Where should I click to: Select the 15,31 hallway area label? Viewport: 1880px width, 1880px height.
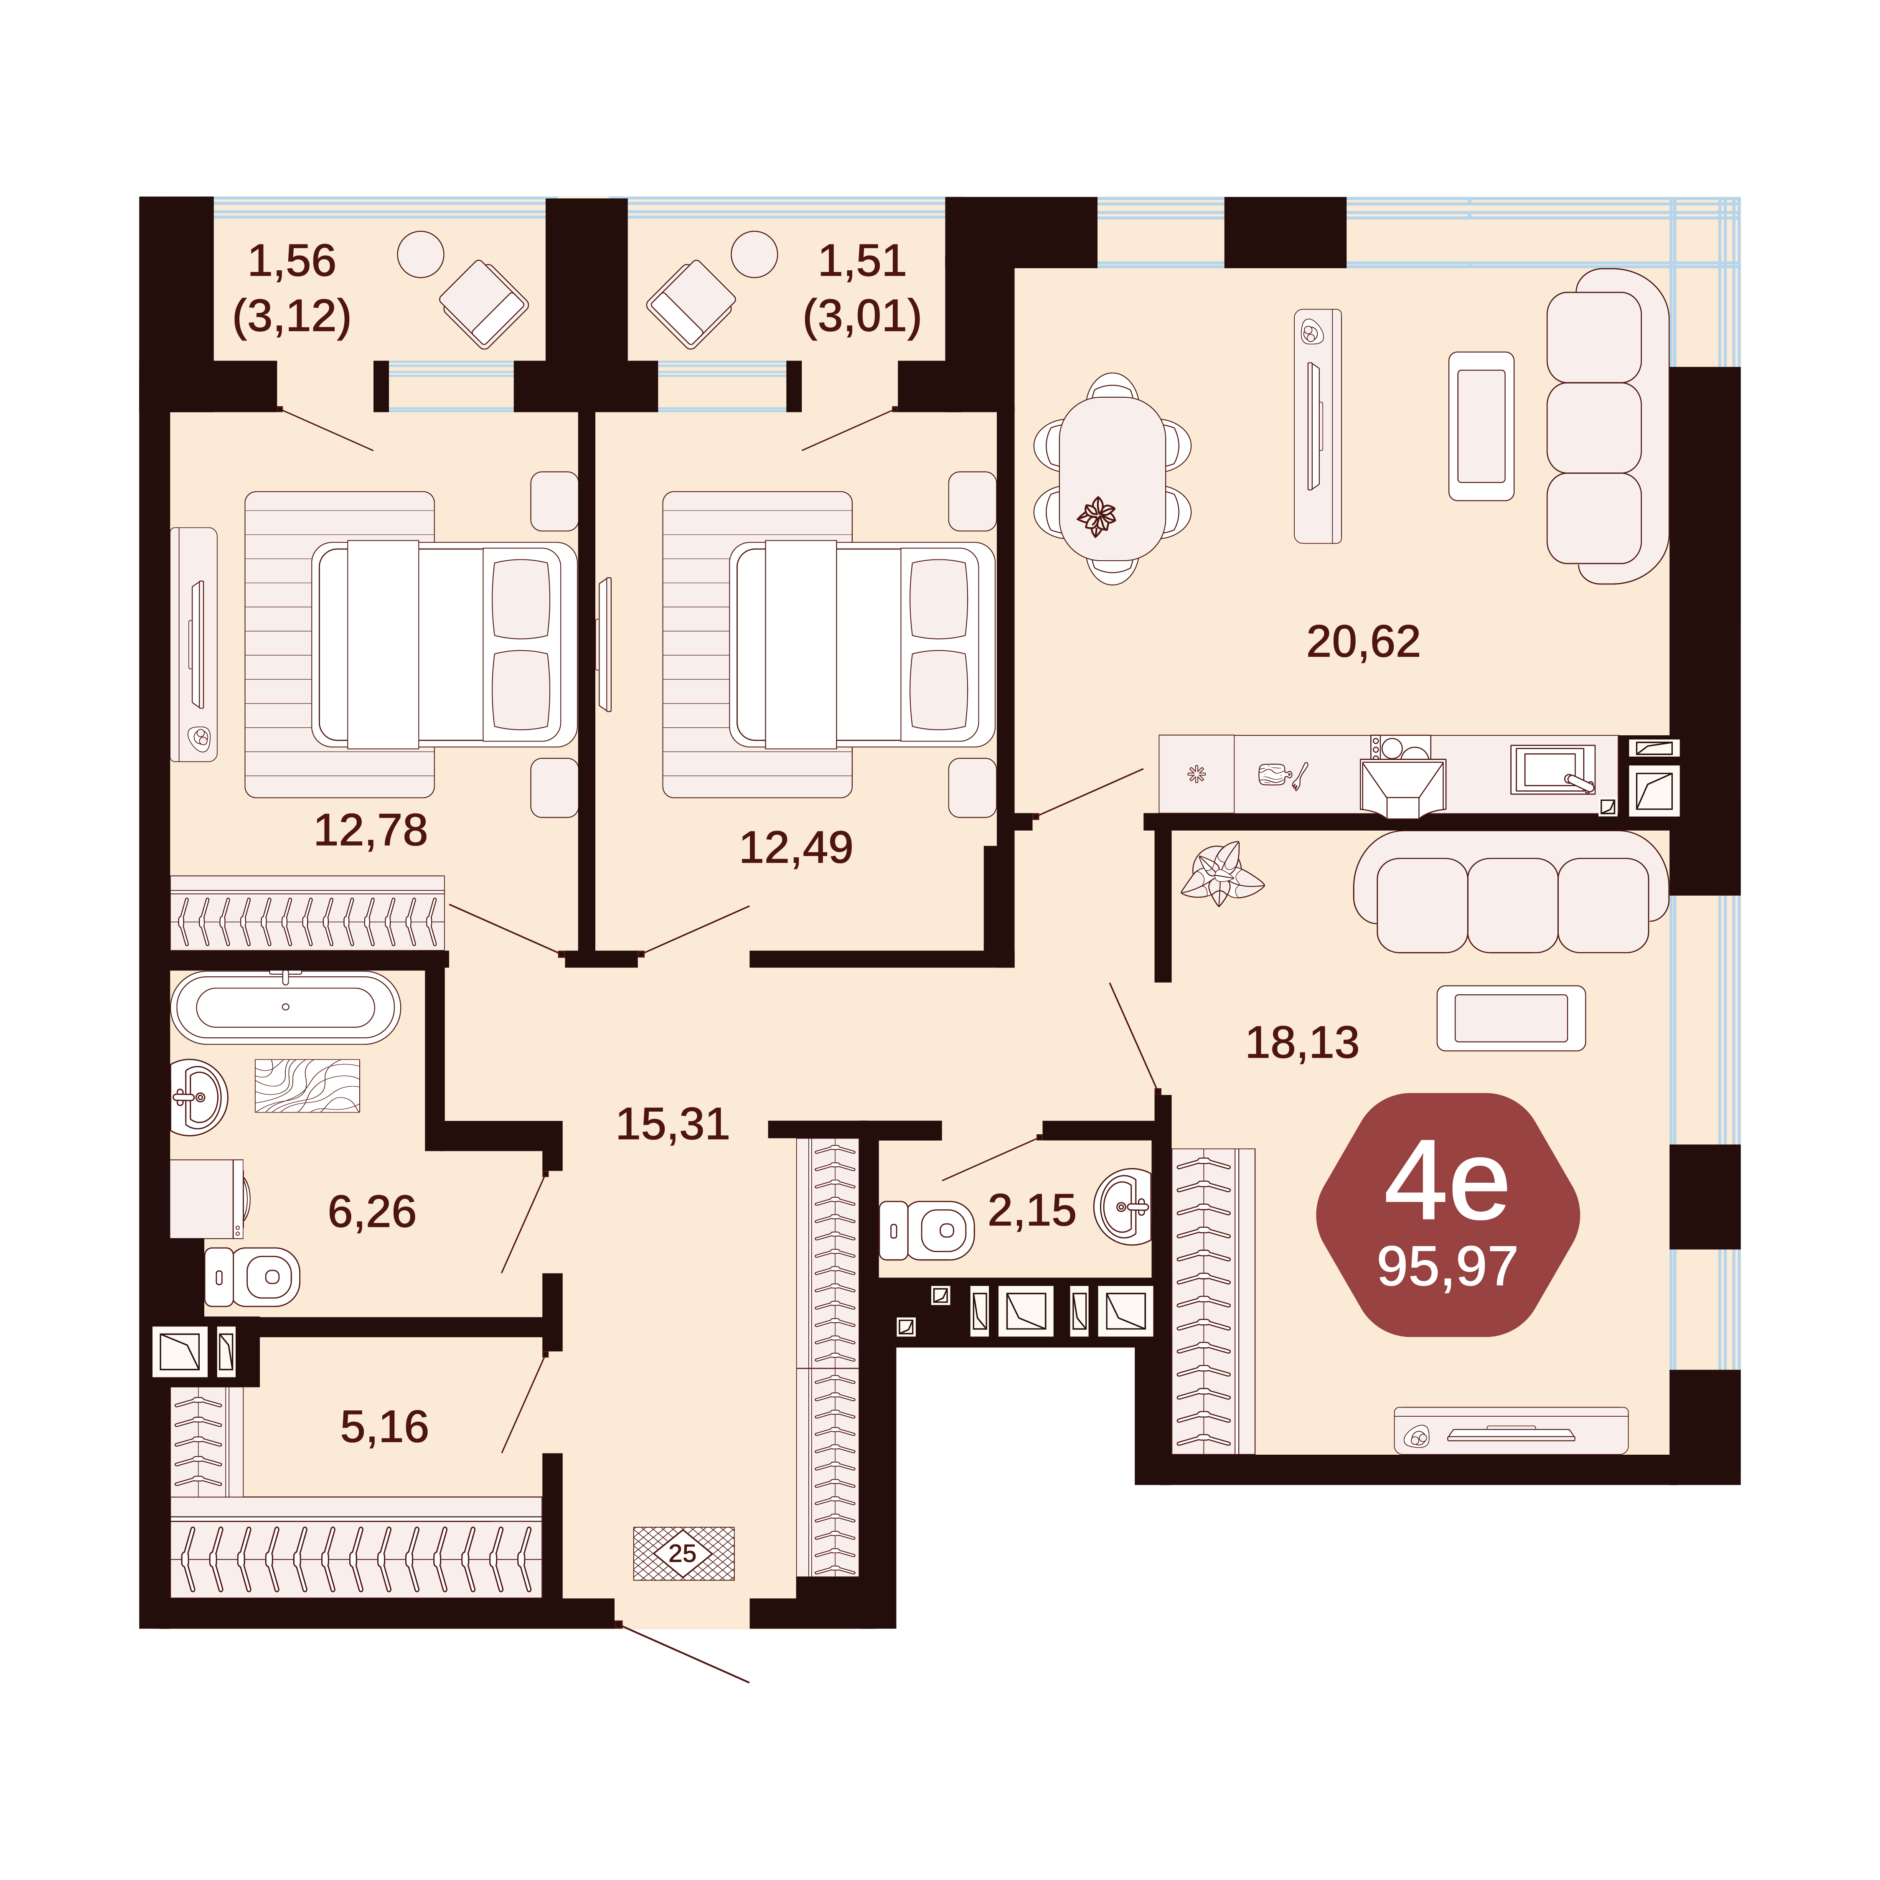[672, 1124]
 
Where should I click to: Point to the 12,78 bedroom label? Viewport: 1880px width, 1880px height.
[371, 830]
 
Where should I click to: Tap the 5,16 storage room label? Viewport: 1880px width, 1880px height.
[384, 1427]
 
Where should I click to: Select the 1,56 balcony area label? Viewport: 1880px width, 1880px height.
[292, 261]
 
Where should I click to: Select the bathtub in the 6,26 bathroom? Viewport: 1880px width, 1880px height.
[285, 1007]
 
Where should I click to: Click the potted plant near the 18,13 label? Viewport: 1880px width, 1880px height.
[1221, 873]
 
